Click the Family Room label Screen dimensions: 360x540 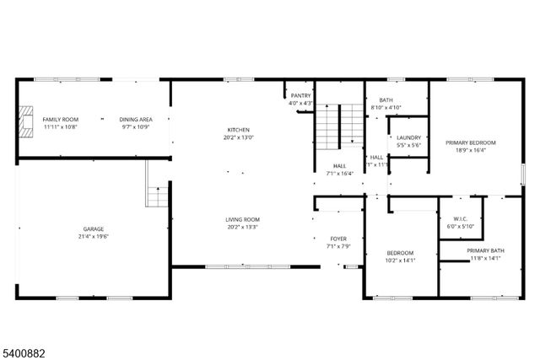(60, 120)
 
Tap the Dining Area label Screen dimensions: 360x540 (135, 120)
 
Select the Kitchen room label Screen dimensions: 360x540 (238, 129)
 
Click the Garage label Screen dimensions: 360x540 (93, 228)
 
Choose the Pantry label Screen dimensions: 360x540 (301, 95)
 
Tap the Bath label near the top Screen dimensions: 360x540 (386, 100)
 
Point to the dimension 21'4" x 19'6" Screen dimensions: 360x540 (93, 236)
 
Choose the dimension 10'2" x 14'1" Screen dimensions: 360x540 (400, 261)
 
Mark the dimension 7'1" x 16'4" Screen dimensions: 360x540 (339, 173)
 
